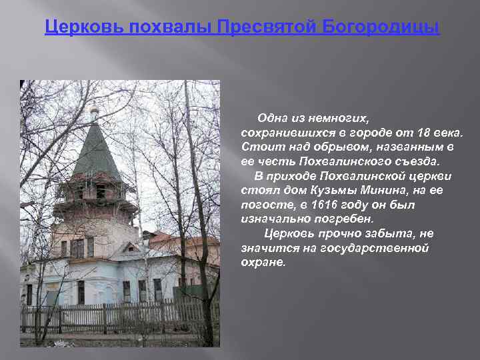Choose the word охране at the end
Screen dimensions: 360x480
tap(263, 262)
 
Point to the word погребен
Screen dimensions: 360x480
tap(346, 219)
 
